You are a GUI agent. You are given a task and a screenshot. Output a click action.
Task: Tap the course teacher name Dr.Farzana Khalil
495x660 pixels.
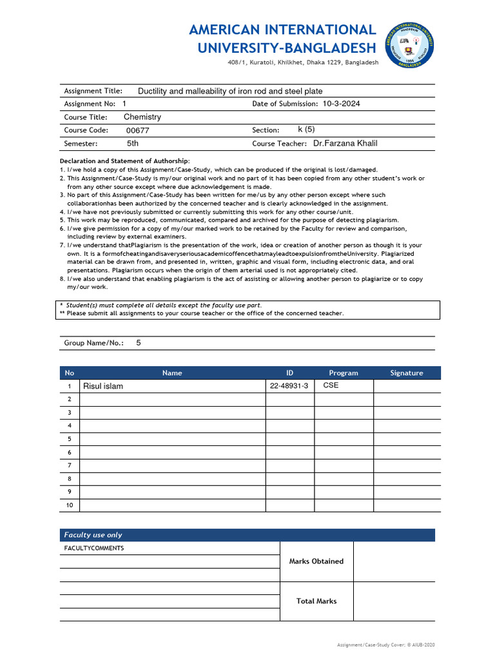click(350, 144)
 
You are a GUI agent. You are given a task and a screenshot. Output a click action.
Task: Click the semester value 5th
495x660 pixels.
click(132, 144)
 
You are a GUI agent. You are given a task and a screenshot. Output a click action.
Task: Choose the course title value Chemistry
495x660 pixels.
click(142, 117)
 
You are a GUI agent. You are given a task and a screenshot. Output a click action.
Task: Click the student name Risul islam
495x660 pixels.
click(102, 386)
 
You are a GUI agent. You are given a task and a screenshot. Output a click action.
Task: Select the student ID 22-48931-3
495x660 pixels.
click(289, 386)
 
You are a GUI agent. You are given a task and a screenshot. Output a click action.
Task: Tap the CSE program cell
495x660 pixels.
click(331, 385)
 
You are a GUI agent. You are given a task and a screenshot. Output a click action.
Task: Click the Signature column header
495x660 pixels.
click(407, 373)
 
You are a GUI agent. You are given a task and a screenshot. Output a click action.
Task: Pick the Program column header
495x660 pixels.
click(344, 373)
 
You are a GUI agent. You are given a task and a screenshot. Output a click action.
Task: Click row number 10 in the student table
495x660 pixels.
click(70, 505)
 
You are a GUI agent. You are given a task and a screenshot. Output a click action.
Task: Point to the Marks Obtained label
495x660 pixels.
click(316, 561)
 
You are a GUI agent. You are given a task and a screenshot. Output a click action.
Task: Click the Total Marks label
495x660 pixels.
click(316, 601)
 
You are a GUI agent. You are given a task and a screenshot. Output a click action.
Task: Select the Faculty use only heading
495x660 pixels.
click(93, 535)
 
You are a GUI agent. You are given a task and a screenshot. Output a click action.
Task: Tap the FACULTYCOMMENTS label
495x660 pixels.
click(94, 548)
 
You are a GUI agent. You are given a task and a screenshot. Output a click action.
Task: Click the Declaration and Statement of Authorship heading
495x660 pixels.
click(124, 160)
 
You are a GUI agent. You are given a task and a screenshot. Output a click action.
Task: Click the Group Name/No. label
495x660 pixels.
click(94, 344)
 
